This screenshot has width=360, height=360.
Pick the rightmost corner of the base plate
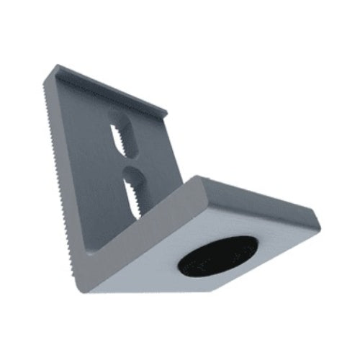318,216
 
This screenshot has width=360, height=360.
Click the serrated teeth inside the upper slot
126,140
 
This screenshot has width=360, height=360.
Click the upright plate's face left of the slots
86,166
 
